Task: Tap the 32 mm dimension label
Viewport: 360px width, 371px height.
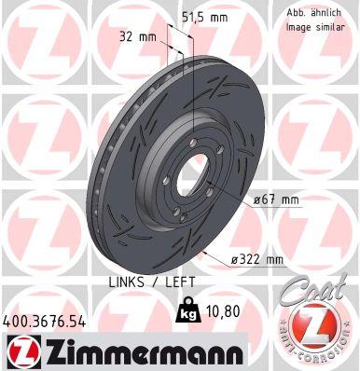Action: tap(137, 37)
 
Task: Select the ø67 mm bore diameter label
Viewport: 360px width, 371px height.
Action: tap(278, 199)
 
